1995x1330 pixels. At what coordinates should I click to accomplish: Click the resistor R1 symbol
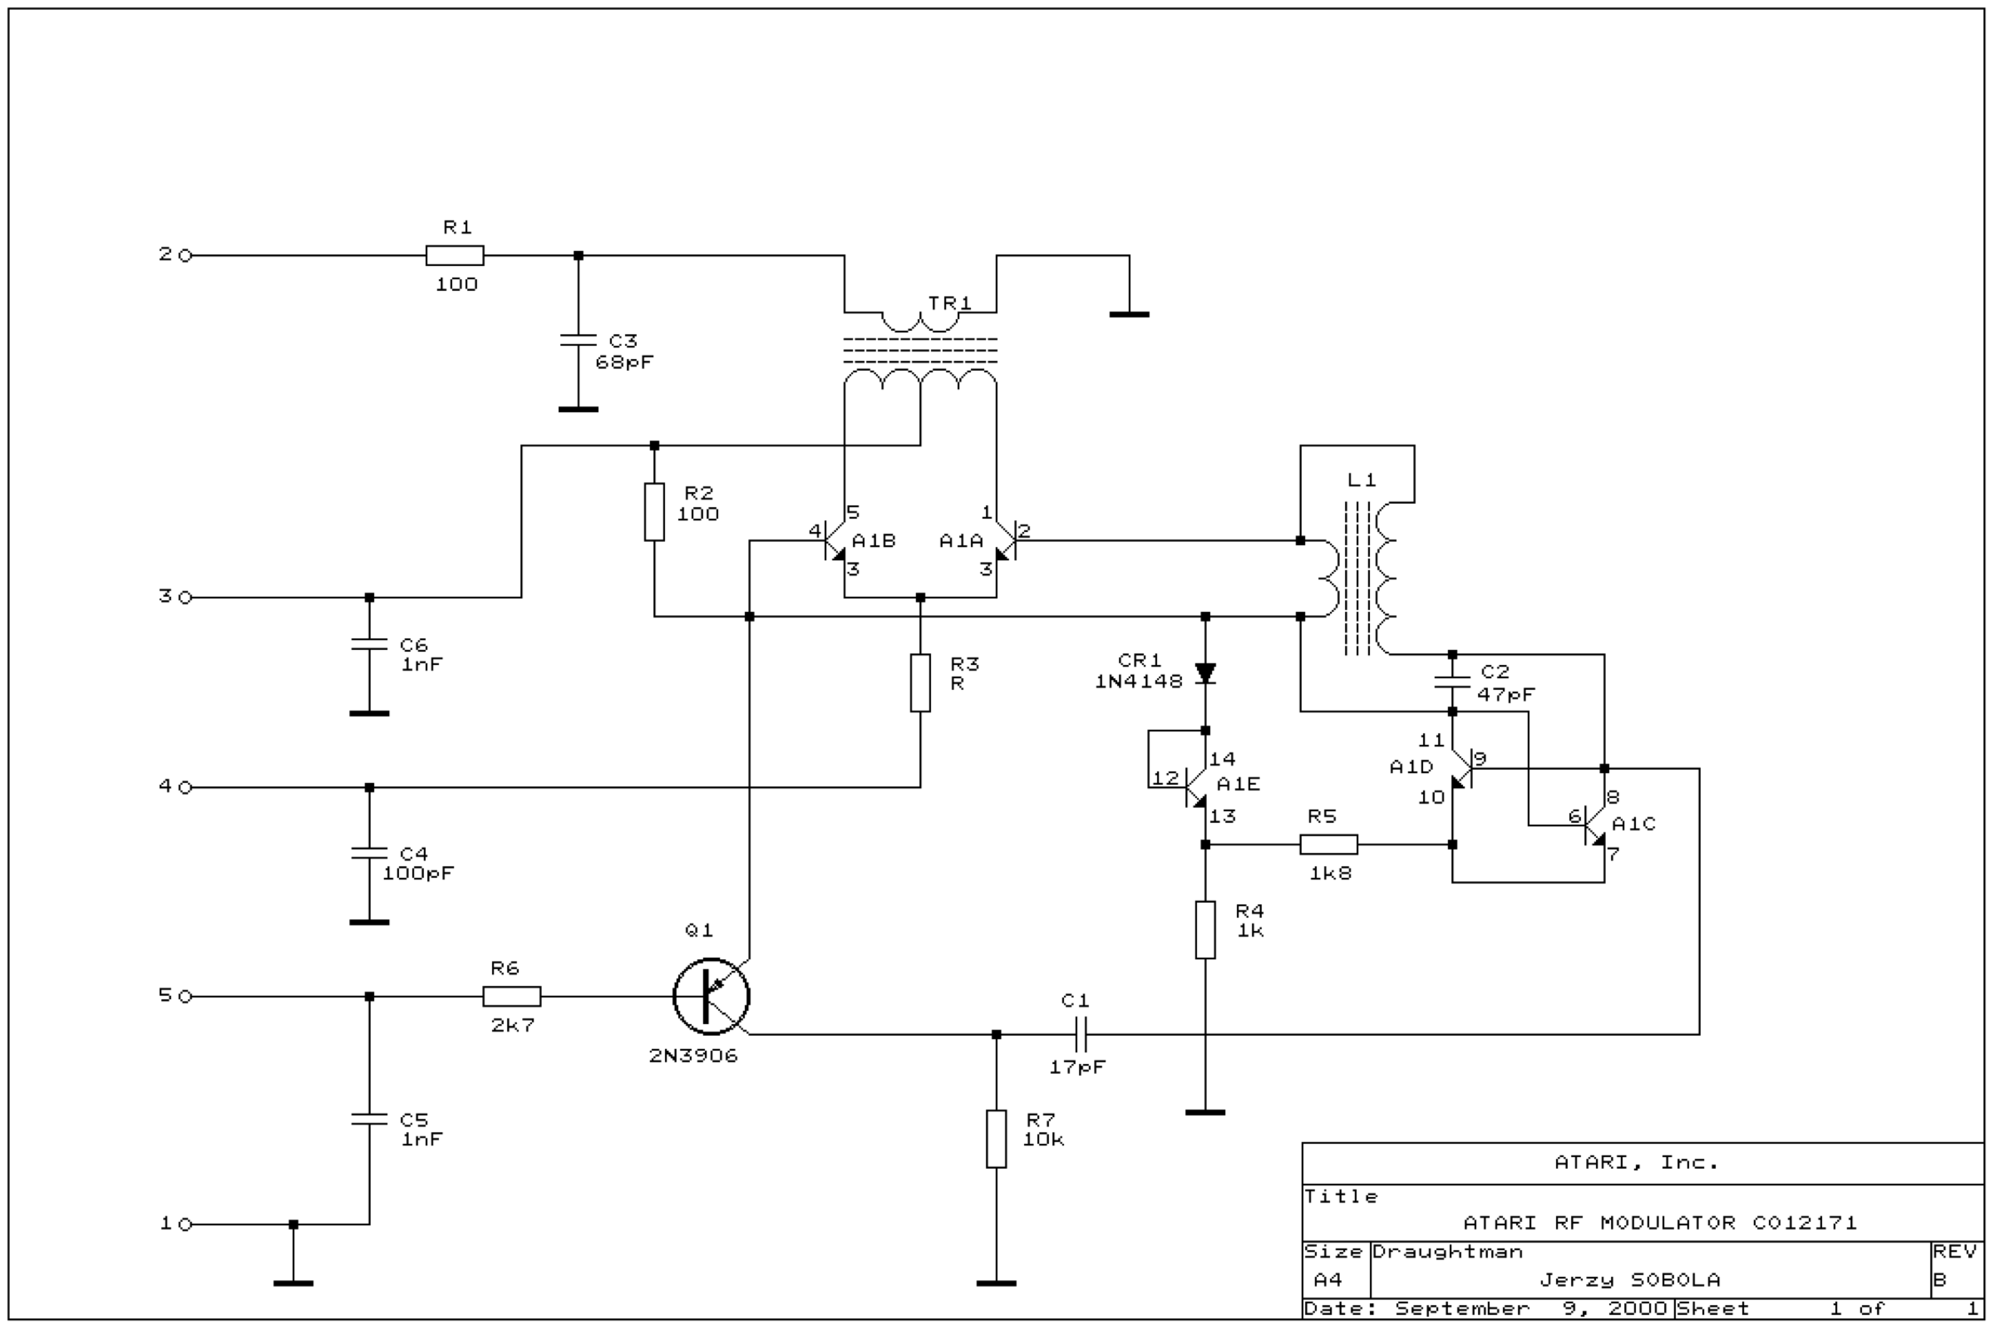coord(455,255)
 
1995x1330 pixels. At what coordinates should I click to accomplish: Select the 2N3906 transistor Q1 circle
coord(711,997)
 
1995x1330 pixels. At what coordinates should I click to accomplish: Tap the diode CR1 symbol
coord(1205,673)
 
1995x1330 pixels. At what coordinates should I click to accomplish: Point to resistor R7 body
coord(997,1139)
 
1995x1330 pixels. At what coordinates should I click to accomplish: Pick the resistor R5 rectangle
coord(1329,845)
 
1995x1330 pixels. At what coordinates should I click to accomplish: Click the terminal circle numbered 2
coord(185,255)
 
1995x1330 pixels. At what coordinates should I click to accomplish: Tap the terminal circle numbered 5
coord(185,997)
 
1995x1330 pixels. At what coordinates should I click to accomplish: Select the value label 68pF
coord(624,362)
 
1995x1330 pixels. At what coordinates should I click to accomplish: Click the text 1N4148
coord(1138,681)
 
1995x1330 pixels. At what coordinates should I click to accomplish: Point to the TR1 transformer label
coord(949,303)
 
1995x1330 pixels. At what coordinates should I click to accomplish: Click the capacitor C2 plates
coord(1452,682)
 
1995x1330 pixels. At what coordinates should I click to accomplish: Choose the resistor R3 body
coord(920,682)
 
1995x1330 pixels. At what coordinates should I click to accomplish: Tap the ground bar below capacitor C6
coord(369,713)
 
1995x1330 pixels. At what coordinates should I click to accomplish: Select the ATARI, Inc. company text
coord(1636,1162)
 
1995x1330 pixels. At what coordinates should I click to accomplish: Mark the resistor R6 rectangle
coord(512,997)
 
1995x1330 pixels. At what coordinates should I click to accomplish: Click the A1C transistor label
coord(1633,824)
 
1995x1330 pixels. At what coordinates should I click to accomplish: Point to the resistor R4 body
coord(1205,930)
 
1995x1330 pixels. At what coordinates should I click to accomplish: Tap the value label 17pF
coord(1077,1067)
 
